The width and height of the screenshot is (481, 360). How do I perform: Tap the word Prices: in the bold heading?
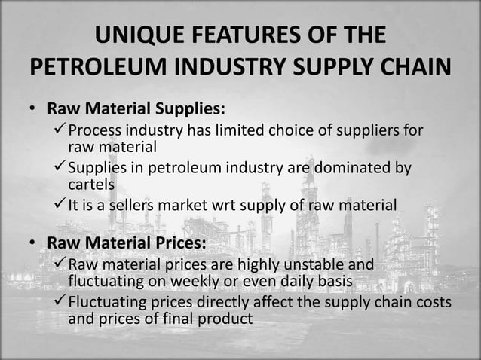point(178,243)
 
